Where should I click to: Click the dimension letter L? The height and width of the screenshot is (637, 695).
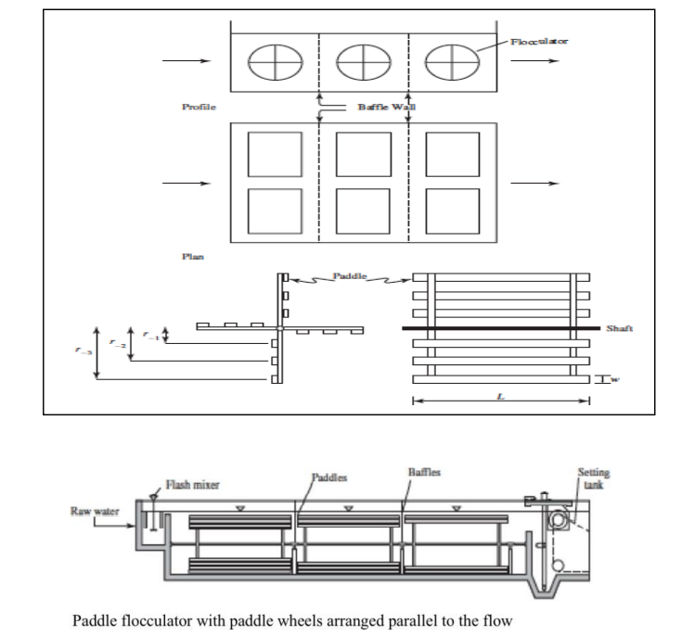pos(502,396)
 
